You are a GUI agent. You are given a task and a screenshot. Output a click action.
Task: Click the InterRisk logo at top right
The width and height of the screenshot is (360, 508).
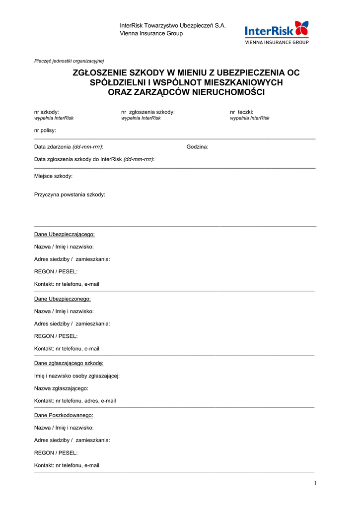[277, 32]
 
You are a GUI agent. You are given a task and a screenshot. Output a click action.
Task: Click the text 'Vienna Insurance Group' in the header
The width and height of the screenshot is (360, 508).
[151, 34]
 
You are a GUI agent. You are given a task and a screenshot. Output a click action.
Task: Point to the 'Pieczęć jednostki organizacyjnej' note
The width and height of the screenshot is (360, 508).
[69, 61]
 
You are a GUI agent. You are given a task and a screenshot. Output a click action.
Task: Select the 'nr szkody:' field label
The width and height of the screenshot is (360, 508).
[47, 112]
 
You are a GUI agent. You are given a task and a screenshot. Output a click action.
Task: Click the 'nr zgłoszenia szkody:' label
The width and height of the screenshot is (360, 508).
[148, 112]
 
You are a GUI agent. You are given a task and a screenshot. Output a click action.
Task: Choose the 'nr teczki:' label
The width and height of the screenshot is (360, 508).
[242, 112]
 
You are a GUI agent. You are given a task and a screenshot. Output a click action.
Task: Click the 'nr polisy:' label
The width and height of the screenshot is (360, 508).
[45, 130]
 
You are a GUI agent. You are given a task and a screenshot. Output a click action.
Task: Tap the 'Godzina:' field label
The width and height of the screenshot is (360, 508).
[198, 147]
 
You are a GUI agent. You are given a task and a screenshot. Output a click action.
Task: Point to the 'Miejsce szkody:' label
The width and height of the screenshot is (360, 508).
[54, 176]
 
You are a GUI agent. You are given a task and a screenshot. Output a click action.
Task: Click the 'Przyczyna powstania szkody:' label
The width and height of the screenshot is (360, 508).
[70, 194]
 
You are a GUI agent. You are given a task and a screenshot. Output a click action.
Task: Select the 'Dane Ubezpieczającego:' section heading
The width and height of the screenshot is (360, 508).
[65, 234]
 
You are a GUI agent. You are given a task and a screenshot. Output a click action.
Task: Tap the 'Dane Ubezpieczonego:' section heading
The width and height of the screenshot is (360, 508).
[63, 299]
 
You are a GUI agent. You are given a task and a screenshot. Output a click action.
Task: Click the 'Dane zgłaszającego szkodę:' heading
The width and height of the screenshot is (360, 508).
[69, 363]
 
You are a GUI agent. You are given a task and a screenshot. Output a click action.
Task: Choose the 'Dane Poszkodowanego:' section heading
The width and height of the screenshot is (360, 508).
[64, 415]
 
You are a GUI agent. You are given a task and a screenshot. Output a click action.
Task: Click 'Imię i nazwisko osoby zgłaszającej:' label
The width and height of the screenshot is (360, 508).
[77, 376]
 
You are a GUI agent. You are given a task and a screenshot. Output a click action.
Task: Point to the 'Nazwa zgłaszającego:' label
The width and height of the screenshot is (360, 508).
[61, 388]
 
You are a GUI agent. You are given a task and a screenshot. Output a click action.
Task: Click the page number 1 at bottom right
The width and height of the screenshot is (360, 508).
[315, 484]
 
